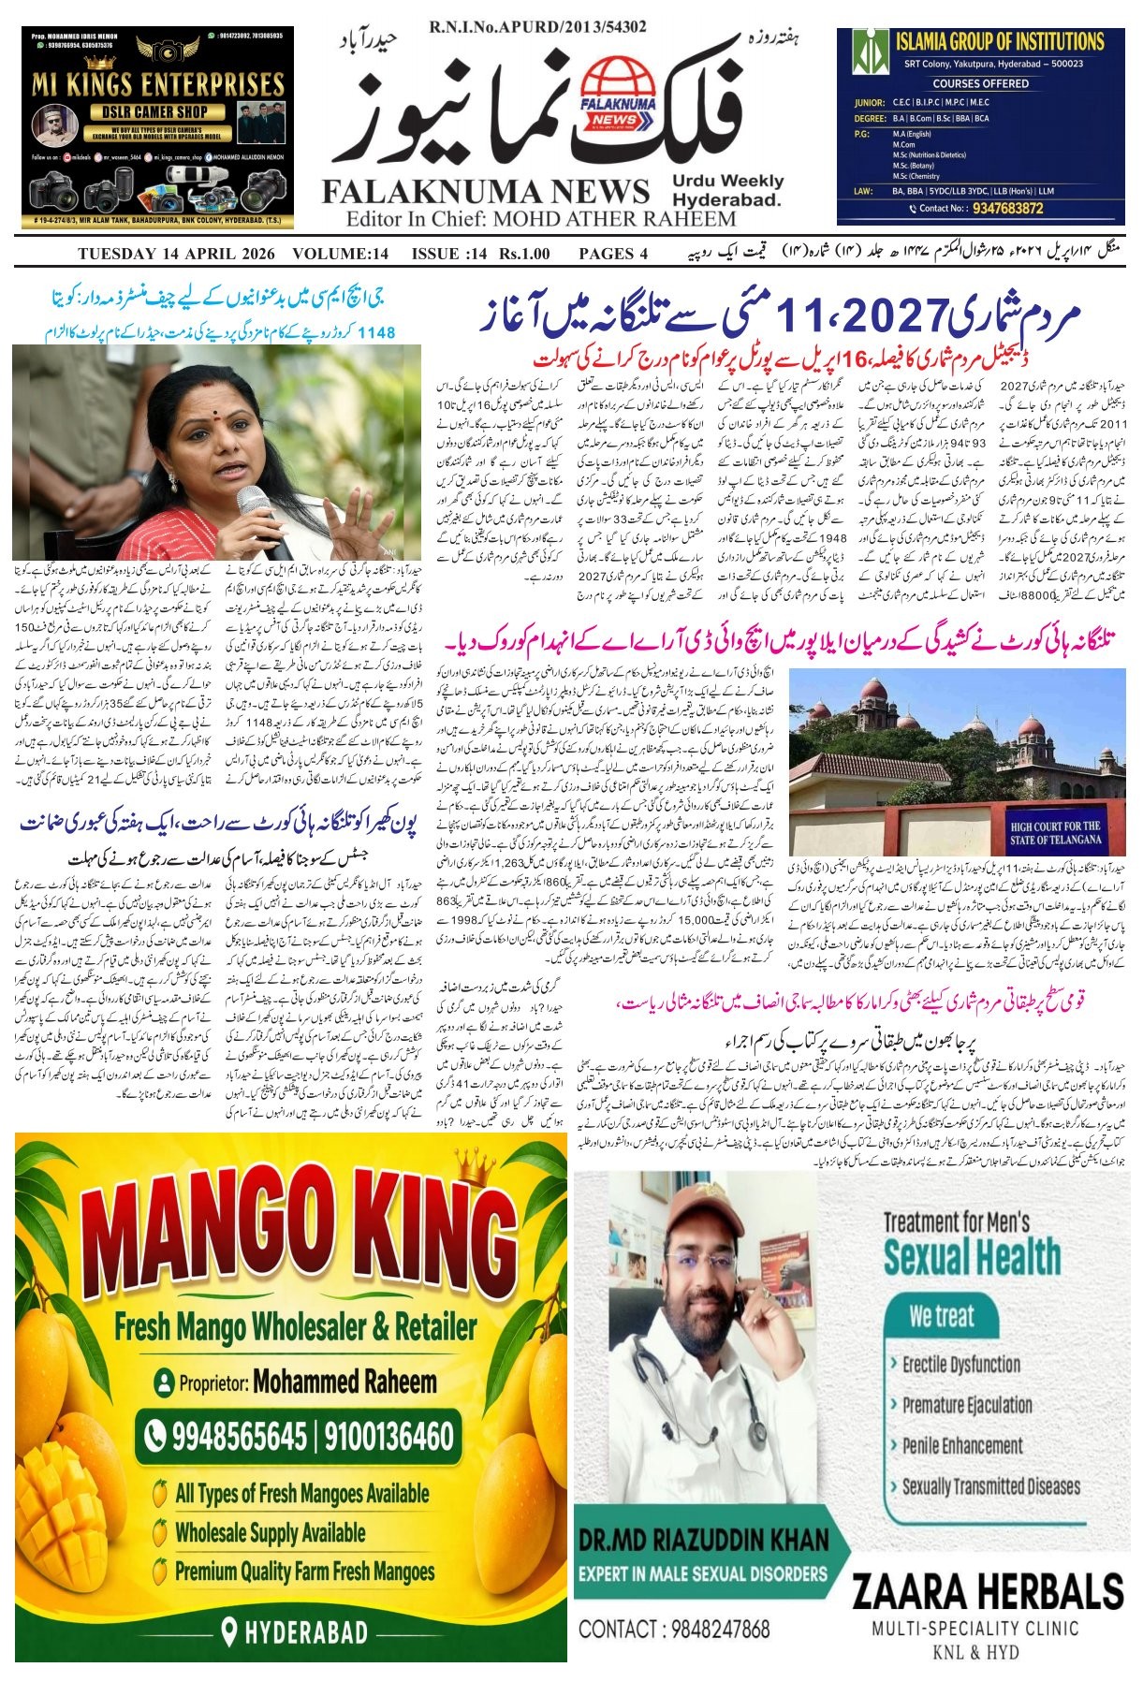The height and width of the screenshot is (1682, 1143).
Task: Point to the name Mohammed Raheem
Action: pos(344,1382)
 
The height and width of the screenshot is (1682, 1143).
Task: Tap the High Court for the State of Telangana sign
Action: pos(1054,832)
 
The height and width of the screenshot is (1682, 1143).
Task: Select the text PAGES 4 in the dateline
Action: pos(613,254)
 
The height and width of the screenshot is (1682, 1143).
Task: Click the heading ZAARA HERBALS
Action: pos(988,1590)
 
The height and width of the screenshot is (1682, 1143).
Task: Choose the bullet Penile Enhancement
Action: pos(961,1445)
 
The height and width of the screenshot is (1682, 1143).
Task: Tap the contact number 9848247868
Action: pos(674,1629)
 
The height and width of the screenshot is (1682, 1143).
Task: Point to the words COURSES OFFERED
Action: pos(980,83)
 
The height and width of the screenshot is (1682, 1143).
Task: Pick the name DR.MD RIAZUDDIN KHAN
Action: pos(703,1540)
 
